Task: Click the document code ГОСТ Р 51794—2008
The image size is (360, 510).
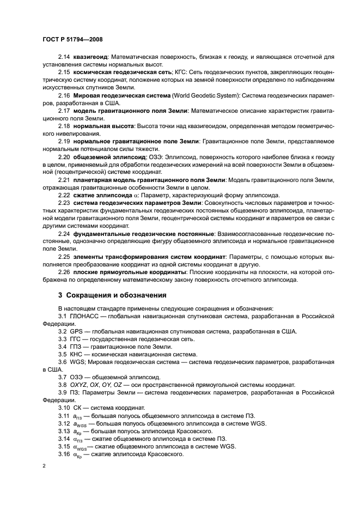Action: tap(72, 40)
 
